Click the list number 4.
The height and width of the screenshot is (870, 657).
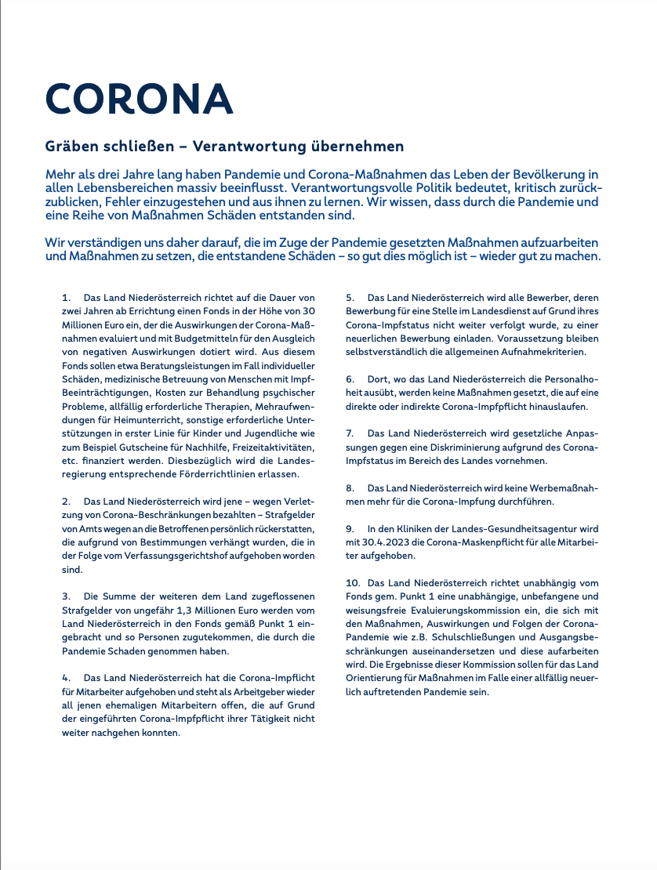[x=67, y=677]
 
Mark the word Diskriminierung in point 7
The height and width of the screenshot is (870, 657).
[x=466, y=447]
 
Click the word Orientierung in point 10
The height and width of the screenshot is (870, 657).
[x=378, y=678]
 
